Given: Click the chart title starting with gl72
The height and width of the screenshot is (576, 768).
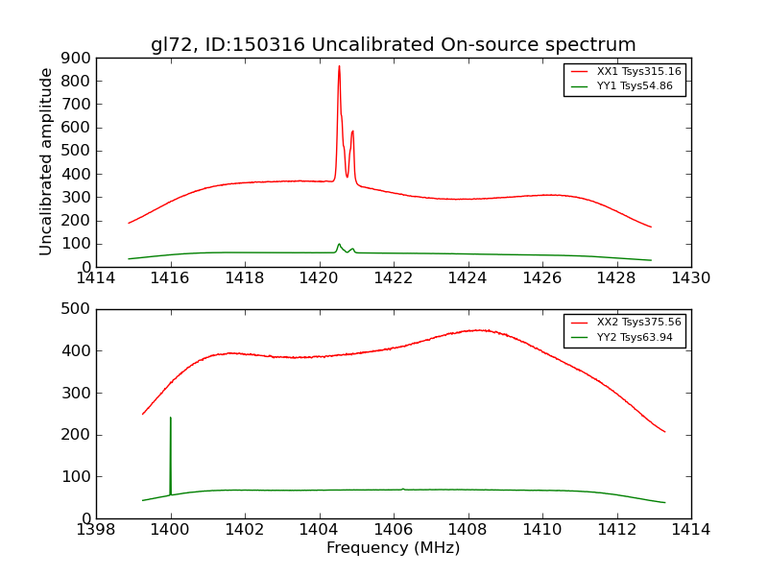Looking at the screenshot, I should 393,45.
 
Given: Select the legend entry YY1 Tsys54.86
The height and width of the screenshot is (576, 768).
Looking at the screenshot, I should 635,86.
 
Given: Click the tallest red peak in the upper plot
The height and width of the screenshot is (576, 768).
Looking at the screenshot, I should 339,67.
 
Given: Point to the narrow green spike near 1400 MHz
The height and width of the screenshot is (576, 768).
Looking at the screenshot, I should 171,419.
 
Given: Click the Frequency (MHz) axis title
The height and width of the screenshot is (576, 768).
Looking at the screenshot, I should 393,548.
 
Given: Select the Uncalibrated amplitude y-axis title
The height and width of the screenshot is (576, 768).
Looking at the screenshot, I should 46,161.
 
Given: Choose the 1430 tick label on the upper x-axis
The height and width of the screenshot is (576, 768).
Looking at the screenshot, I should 690,278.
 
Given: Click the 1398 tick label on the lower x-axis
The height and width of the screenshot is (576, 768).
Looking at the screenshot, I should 96,530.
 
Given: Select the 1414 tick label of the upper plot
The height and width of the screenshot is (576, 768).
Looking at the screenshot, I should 96,278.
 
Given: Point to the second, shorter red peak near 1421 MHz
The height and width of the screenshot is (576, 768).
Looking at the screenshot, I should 352,132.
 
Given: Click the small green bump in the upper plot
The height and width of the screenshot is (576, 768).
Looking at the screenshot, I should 339,245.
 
